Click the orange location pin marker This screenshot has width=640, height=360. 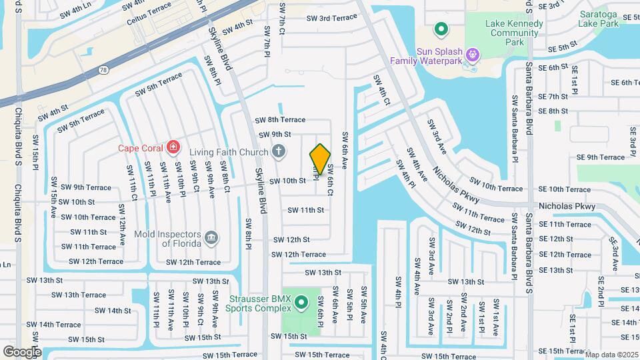point(320,159)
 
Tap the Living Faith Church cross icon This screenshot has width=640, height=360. point(279,152)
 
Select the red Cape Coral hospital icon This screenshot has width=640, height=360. point(173,147)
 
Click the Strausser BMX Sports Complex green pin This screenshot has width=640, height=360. point(301,304)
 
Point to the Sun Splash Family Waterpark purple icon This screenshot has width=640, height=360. point(473,52)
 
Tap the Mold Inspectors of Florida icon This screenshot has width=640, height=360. point(211,236)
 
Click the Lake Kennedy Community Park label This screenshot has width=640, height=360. point(513,32)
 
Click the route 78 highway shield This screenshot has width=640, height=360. point(103,69)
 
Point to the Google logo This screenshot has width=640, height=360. point(21,351)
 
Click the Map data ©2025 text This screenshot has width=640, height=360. point(611,355)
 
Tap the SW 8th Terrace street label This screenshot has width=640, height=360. point(280,120)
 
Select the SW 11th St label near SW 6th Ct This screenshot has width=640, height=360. point(305,210)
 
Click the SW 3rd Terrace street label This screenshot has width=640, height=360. point(329,18)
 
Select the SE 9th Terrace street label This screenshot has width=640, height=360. point(601,157)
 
